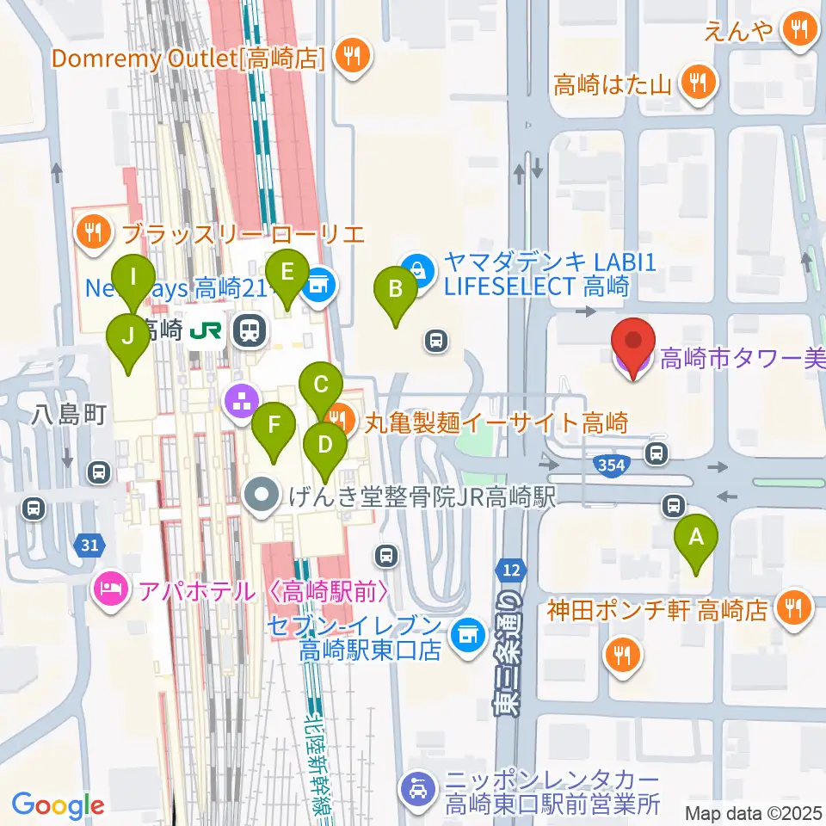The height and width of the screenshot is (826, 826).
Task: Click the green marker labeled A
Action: pos(697,539)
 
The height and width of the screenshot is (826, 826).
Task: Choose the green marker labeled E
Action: pos(287,274)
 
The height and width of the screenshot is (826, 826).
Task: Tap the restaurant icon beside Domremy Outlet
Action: pos(351,58)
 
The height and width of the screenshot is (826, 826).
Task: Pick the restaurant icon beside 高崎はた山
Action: pos(693,83)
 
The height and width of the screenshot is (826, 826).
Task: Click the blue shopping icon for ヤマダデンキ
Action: pos(416,269)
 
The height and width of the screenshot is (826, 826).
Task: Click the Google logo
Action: pos(58,805)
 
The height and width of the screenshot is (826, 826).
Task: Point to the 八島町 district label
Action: pos(69,416)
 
